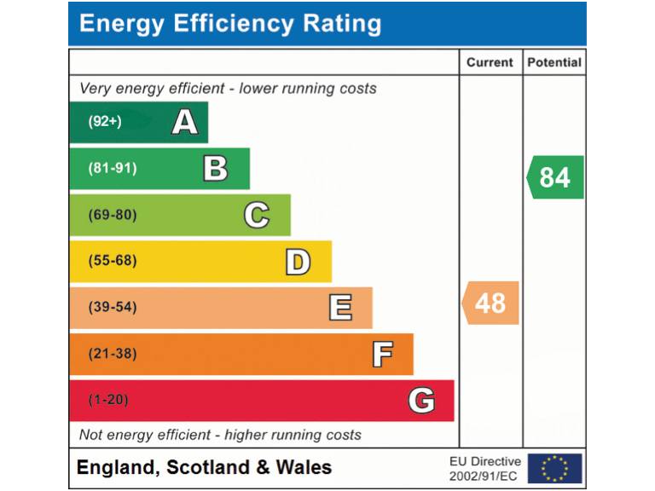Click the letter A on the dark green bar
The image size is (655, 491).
(x=184, y=122)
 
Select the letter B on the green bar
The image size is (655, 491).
(x=216, y=168)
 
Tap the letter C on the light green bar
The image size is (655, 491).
(x=257, y=215)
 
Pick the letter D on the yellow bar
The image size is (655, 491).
(x=298, y=261)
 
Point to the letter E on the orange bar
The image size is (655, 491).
(x=339, y=307)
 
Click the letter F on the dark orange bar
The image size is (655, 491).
(x=382, y=354)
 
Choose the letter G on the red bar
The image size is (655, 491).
(x=421, y=400)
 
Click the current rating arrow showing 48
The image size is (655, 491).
(x=490, y=303)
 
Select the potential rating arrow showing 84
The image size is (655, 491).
(x=555, y=177)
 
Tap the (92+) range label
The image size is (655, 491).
(x=105, y=122)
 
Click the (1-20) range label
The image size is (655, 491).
(x=108, y=400)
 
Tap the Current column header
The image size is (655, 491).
(x=490, y=62)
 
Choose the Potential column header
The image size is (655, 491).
(x=554, y=62)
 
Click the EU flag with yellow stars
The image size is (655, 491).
(x=554, y=468)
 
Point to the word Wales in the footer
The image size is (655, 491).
(x=304, y=467)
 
